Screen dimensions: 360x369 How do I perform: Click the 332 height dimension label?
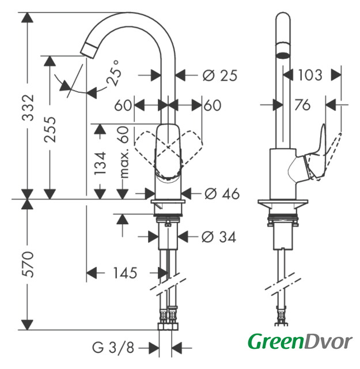tap(28, 108)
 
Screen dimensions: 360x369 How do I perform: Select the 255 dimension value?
tap(50, 129)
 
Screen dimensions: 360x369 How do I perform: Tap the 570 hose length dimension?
tap(28, 264)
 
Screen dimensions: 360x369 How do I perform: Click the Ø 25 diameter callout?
tap(220, 76)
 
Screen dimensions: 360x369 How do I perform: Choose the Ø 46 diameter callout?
tap(222, 194)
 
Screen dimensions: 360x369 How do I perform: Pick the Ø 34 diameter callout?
tap(219, 236)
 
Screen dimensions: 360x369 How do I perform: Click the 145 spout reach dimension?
tap(125, 273)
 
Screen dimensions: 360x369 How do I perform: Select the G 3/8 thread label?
tap(113, 347)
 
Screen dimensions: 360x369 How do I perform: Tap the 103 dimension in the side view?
tap(310, 75)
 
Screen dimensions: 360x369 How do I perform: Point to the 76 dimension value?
tap(302, 105)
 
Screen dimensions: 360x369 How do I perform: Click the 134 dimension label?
tap(100, 163)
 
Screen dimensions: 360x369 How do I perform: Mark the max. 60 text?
tap(124, 152)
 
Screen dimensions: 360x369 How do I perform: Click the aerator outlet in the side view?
tap(283, 55)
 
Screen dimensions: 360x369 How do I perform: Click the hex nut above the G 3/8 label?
tap(168, 327)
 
